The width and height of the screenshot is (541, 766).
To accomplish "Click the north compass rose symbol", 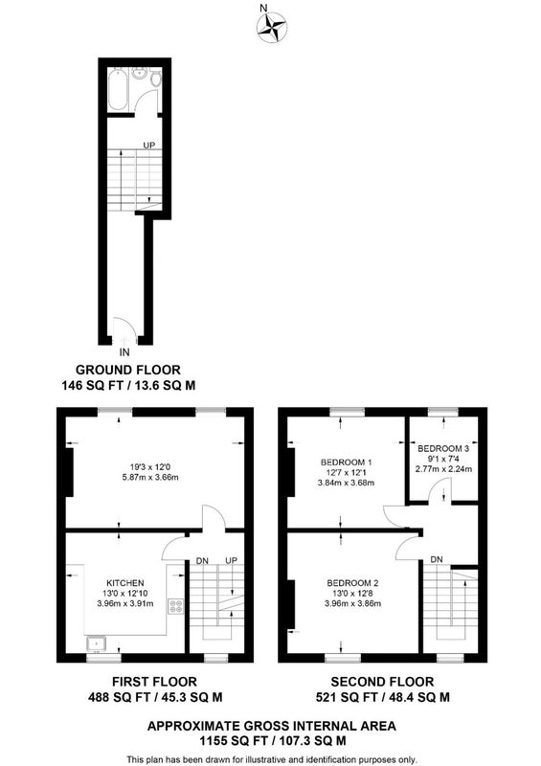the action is click(x=272, y=27).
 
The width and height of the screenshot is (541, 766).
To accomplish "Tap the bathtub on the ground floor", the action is click(x=118, y=90).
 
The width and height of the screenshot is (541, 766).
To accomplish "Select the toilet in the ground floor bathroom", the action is click(x=156, y=79).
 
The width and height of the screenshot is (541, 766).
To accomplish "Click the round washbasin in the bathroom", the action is click(x=139, y=74).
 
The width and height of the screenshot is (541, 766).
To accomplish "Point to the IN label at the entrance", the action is click(x=124, y=351).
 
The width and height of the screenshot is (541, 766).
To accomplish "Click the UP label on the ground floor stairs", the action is click(x=149, y=146).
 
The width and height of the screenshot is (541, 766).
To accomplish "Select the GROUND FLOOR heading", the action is click(x=128, y=370).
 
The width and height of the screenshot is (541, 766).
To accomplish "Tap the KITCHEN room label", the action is click(x=125, y=583).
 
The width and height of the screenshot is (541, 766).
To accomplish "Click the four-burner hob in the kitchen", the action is click(x=175, y=606).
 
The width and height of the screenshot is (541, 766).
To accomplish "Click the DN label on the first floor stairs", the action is click(x=202, y=560).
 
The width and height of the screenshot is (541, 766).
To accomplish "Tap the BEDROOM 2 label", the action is click(x=353, y=583).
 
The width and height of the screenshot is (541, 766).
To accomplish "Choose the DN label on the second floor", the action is click(x=437, y=559).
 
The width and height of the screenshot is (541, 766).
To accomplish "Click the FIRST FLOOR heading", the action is click(x=154, y=682).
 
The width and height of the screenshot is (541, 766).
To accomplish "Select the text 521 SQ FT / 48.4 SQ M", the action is click(x=383, y=697).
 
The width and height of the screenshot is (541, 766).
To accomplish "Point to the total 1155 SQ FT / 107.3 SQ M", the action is click(x=272, y=741).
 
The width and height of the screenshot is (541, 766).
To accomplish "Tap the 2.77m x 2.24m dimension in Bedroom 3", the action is click(x=443, y=469).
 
